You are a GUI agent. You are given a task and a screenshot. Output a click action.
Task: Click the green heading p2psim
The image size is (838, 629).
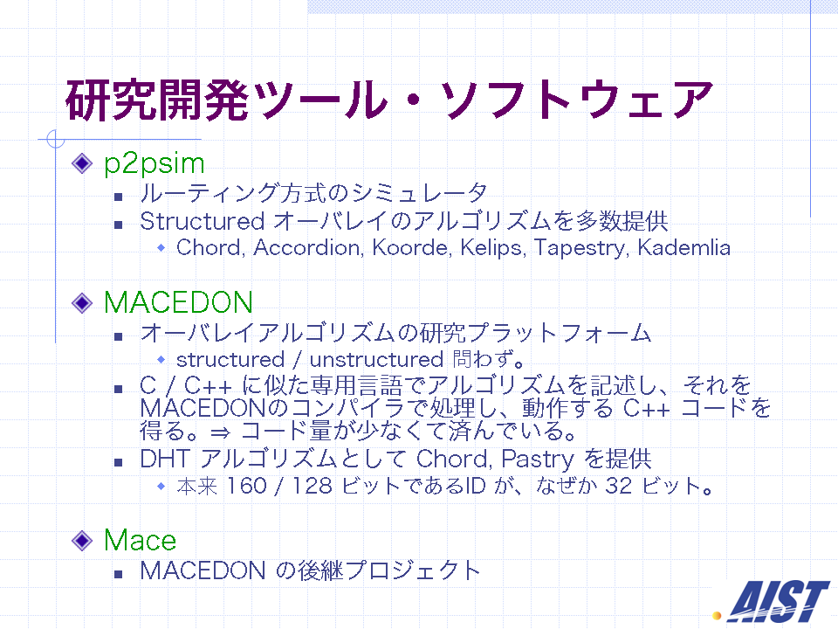[154, 164]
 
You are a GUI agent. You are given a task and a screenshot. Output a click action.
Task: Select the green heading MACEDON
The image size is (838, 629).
[178, 303]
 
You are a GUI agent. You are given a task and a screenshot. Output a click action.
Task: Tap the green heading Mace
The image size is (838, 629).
[140, 540]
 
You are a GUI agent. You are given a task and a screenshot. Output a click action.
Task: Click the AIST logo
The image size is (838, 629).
[773, 601]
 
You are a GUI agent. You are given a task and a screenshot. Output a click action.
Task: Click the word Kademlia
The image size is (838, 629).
[684, 247]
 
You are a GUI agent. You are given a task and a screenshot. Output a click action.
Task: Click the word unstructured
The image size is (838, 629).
[377, 360]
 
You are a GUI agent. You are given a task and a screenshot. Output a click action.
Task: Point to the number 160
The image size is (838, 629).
[246, 487]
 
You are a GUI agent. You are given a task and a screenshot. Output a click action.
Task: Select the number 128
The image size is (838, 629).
[313, 487]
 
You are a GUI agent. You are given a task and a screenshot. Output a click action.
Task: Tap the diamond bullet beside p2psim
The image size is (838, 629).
[82, 163]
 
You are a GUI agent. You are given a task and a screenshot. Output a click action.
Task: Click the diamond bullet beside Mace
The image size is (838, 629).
[82, 540]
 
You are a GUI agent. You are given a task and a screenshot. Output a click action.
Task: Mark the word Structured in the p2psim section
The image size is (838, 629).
[202, 221]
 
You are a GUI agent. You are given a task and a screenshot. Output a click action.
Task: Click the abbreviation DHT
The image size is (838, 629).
[165, 459]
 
